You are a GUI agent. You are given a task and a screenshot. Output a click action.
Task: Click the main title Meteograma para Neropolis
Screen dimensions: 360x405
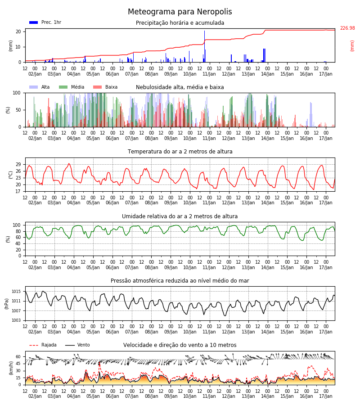tap(180, 12)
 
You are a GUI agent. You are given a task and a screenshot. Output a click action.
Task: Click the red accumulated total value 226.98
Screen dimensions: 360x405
tap(347, 28)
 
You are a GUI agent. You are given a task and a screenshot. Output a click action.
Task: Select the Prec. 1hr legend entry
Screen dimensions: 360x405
tap(45, 22)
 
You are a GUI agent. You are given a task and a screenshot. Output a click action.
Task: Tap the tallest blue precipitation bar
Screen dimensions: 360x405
tap(205, 46)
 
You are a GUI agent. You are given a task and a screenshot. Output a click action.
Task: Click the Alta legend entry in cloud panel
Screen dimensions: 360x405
tap(39, 87)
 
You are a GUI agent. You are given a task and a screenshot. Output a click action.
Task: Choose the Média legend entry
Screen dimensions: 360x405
tap(72, 87)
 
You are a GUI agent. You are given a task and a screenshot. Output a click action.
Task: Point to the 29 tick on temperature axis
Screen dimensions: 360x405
tap(18, 165)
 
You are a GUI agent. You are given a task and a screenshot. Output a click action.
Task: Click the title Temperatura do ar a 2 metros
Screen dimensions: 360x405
tap(180, 152)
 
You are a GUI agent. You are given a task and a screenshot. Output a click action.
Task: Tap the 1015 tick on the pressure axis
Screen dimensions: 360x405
tap(16, 292)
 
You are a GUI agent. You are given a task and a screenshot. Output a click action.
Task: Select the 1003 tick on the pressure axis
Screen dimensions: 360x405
tap(16, 320)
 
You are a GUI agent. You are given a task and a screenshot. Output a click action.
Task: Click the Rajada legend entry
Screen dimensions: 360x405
tap(43, 345)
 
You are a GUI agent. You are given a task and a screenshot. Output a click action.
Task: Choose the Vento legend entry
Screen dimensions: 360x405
tap(77, 345)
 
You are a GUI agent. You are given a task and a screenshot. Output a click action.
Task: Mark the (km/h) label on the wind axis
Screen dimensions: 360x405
tap(11, 368)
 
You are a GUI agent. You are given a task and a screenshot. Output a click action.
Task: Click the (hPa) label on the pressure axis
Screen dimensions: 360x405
tap(6, 304)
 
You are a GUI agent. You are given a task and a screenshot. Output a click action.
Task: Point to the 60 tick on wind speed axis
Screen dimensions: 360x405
tap(18, 357)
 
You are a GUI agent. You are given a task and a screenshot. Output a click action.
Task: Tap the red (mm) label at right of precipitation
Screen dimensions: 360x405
tap(352, 46)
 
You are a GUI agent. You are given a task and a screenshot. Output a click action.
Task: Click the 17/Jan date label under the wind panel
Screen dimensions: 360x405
tap(326, 396)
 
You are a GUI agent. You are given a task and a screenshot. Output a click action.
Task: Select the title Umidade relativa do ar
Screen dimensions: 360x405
tap(180, 216)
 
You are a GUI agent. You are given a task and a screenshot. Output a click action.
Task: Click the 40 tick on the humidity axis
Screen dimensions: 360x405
tap(18, 243)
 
